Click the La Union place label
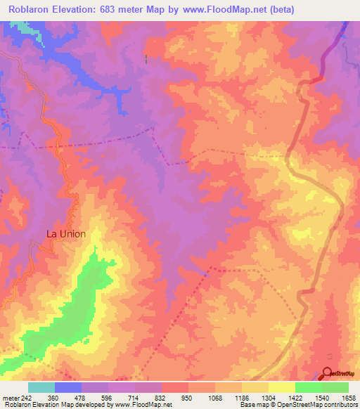(x=70, y=234)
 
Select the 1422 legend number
(x=297, y=398)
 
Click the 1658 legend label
(x=350, y=398)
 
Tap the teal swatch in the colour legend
(x=41, y=387)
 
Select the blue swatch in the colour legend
(x=68, y=387)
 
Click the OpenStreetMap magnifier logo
(x=328, y=373)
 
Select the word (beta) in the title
(x=280, y=9)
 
